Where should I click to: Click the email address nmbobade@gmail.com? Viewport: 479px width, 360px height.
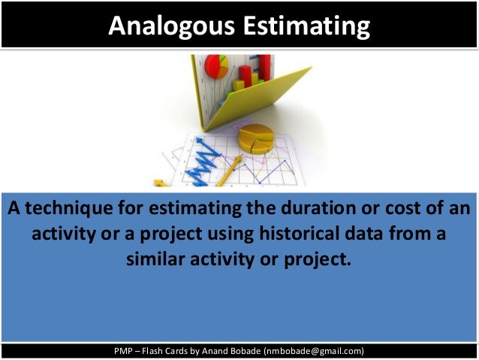pyautogui.click(x=314, y=350)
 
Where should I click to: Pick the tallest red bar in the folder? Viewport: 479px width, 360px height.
pyautogui.click(x=264, y=68)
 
